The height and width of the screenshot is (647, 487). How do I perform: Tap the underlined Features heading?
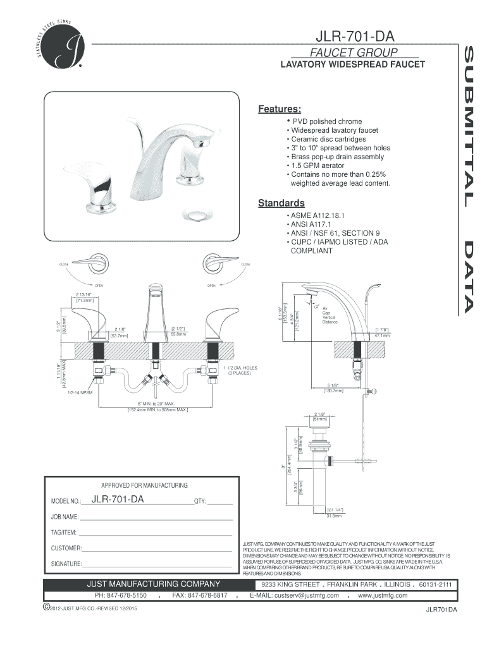(279, 109)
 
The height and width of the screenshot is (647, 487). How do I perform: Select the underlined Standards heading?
(281, 203)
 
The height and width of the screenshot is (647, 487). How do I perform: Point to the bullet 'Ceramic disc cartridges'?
(328, 139)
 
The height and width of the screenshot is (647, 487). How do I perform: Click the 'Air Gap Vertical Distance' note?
(330, 315)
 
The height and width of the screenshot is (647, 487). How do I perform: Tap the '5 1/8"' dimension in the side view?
(333, 385)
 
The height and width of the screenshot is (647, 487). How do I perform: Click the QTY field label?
(200, 502)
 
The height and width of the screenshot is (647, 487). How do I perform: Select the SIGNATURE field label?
(66, 564)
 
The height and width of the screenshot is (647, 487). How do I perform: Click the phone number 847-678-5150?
(120, 595)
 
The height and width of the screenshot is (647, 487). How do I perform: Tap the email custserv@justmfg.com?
(295, 595)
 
